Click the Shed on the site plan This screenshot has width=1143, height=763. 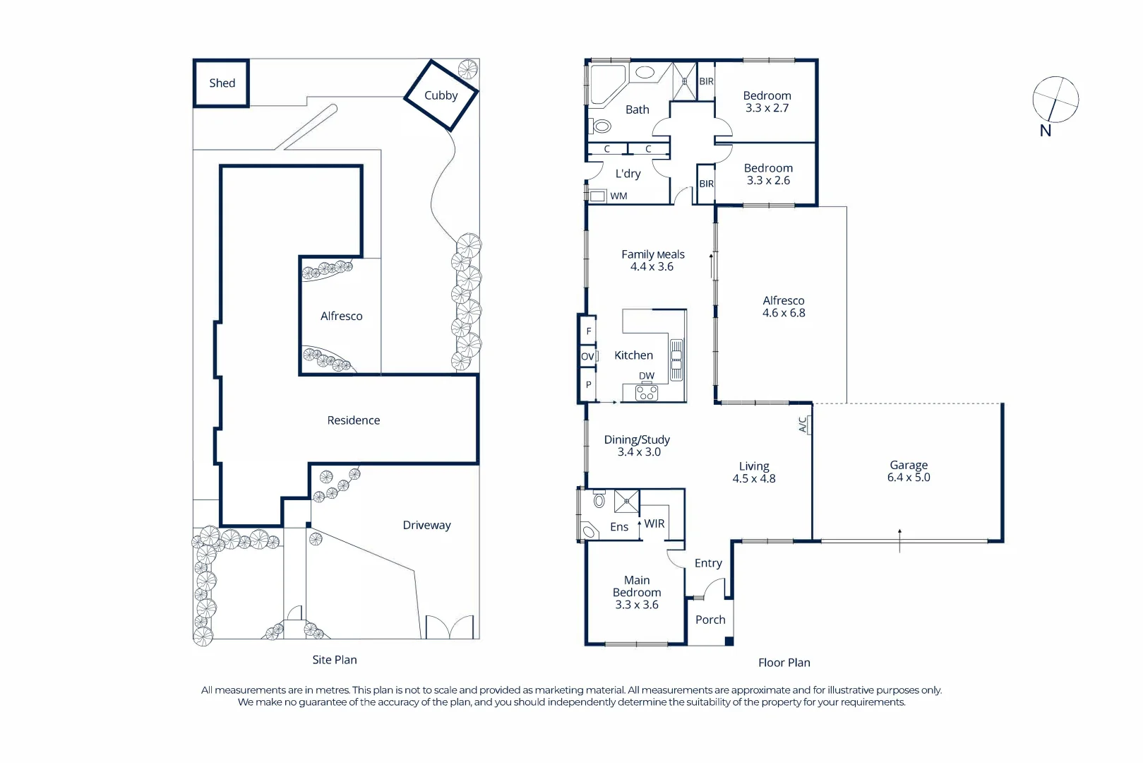pos(222,83)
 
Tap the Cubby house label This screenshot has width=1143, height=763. pos(441,95)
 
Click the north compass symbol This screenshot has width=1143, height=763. pos(1055,100)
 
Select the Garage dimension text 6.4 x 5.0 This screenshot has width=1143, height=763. pos(908,478)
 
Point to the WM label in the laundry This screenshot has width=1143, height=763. pos(618,196)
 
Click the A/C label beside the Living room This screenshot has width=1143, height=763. pos(803,425)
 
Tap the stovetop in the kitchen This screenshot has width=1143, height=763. pos(647,393)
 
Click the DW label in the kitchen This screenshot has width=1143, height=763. pos(647,376)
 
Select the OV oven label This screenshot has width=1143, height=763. pos(587,357)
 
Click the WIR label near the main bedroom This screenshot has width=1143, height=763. pos(654,524)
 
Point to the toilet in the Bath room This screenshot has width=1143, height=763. pos(602,126)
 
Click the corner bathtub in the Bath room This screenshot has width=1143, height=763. pos(606,82)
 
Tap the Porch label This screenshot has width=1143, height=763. pos(710,620)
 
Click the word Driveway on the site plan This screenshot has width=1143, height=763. pos(426,525)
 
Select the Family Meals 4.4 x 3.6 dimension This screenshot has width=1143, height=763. pos(652,266)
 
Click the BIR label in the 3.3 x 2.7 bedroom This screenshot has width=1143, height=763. pos(706,82)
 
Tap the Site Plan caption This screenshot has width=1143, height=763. pos(335,660)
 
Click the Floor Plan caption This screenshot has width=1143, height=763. pos(784,663)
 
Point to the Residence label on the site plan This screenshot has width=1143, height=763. pos(353,420)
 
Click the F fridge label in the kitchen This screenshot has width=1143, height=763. pos(588,331)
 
